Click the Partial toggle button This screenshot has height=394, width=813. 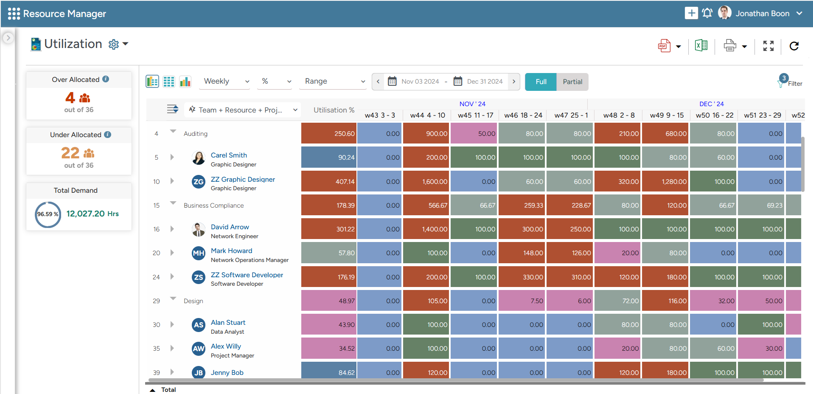[572, 82]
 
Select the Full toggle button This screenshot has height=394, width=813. [541, 82]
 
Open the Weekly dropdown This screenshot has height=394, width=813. [226, 82]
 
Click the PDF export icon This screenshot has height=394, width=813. [664, 46]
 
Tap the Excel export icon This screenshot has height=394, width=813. [701, 45]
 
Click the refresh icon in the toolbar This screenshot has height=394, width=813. [794, 46]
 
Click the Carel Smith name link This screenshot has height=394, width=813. [229, 155]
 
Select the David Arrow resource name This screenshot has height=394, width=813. [230, 227]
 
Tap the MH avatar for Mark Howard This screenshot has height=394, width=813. [198, 253]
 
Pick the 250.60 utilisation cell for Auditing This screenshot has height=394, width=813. [329, 134]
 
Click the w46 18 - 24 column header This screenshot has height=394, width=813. [523, 115]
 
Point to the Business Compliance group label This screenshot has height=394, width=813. [213, 205]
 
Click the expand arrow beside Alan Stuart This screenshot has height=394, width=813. [172, 325]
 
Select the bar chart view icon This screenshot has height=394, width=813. [185, 82]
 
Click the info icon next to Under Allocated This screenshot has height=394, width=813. [108, 135]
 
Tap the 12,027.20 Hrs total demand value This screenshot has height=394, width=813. [92, 214]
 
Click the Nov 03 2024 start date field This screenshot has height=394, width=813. [420, 82]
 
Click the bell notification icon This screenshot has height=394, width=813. [707, 13]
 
